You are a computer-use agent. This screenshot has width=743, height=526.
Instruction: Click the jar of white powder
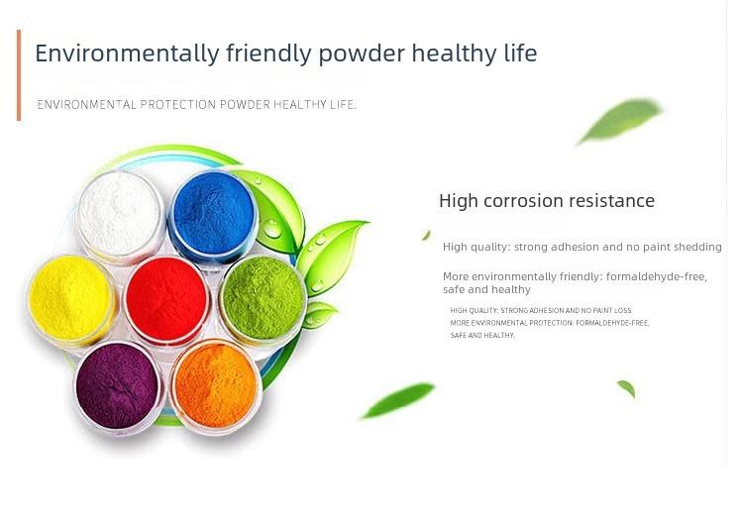pyautogui.click(x=120, y=216)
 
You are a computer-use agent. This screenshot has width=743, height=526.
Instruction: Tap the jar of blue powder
pyautogui.click(x=214, y=216)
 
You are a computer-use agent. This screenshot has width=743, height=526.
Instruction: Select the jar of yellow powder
pyautogui.click(x=71, y=299)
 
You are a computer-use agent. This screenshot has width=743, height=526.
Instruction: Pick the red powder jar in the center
pyautogui.click(x=166, y=300)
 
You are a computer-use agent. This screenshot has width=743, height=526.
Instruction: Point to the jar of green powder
pyautogui.click(x=263, y=299)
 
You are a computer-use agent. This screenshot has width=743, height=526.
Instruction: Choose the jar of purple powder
pyautogui.click(x=118, y=387)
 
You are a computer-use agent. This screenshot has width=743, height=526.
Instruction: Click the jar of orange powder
pyautogui.click(x=216, y=387)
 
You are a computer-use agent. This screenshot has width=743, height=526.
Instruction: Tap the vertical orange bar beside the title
pyautogui.click(x=19, y=75)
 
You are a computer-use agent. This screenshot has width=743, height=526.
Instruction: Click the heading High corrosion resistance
pyautogui.click(x=547, y=201)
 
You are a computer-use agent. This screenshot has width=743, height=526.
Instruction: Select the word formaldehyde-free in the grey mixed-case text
pyautogui.click(x=657, y=276)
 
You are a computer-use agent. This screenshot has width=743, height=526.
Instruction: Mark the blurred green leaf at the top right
pyautogui.click(x=621, y=120)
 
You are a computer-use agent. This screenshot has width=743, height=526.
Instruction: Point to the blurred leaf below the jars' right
pyautogui.click(x=398, y=400)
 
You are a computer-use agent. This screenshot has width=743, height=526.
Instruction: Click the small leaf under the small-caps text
pyautogui.click(x=626, y=388)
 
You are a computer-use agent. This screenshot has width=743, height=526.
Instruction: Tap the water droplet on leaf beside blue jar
pyautogui.click(x=273, y=229)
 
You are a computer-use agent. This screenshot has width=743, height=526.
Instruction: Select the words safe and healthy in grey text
pyautogui.click(x=486, y=289)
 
